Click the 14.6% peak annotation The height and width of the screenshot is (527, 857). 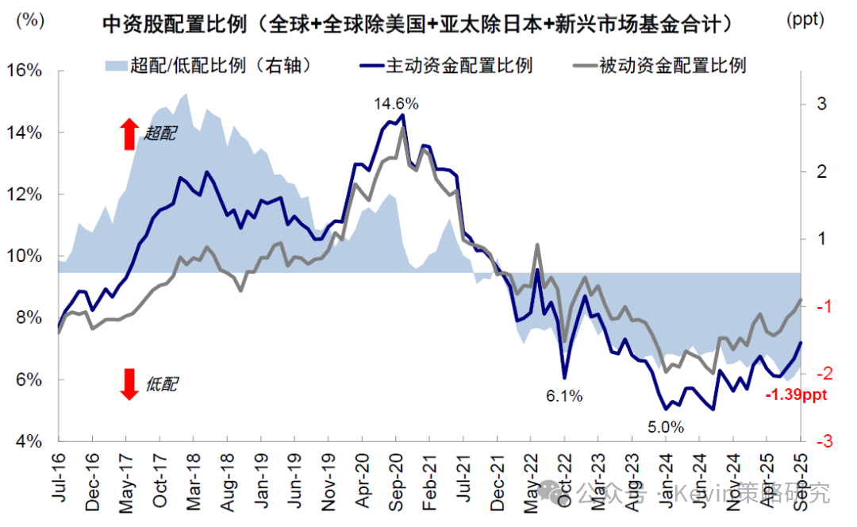pos(396,104)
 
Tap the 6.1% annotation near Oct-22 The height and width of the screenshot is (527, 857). pos(564,395)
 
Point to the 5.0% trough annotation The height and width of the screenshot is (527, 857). pos(665,427)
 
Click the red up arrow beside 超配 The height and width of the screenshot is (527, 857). pos(129,134)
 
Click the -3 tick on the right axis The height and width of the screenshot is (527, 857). pos(818,441)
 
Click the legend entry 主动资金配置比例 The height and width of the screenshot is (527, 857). pos(448,65)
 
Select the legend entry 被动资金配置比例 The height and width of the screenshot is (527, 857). pos(663,65)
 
